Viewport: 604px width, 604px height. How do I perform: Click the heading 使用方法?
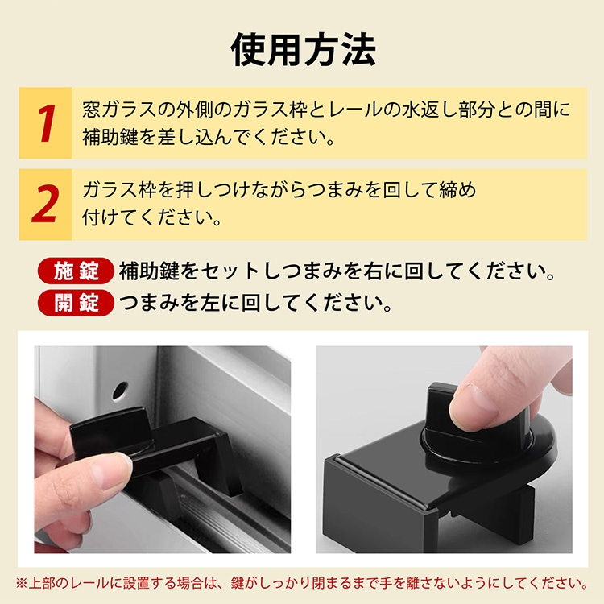coord(303,50)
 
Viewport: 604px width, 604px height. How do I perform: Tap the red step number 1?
coord(46,123)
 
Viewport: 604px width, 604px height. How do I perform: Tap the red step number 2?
coord(45,204)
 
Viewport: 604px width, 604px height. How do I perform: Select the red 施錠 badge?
coord(76,271)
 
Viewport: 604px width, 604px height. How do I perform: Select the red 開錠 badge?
coord(76,303)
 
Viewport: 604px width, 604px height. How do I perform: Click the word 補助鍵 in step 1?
coord(110,138)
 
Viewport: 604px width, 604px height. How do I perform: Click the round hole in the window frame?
coord(120,391)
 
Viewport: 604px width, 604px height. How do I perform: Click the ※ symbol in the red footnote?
coord(22,583)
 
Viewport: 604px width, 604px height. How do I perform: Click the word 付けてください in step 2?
coord(151,217)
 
